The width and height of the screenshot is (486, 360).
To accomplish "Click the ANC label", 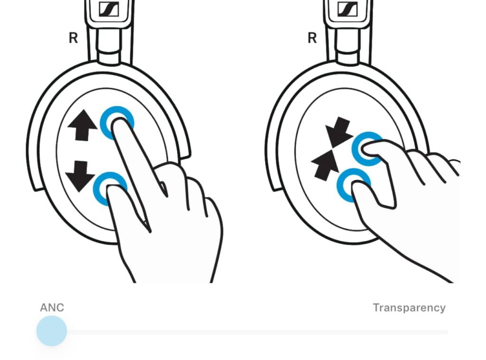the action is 52,307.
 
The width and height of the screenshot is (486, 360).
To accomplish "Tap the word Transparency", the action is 409,308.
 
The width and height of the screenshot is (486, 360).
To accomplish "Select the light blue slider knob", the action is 52,331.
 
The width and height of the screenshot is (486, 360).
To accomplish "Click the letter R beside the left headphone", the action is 73,38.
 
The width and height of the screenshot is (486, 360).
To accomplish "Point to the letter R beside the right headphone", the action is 312,38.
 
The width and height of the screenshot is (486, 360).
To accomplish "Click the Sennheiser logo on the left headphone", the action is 109,9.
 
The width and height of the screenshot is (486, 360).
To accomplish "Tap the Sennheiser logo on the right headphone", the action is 348,9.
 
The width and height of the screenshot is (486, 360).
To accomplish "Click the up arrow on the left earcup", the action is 83,125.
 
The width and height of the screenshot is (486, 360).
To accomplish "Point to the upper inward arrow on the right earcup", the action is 339,132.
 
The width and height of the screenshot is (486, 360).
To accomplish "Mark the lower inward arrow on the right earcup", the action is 326,165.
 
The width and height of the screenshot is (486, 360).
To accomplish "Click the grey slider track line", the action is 257,332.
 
